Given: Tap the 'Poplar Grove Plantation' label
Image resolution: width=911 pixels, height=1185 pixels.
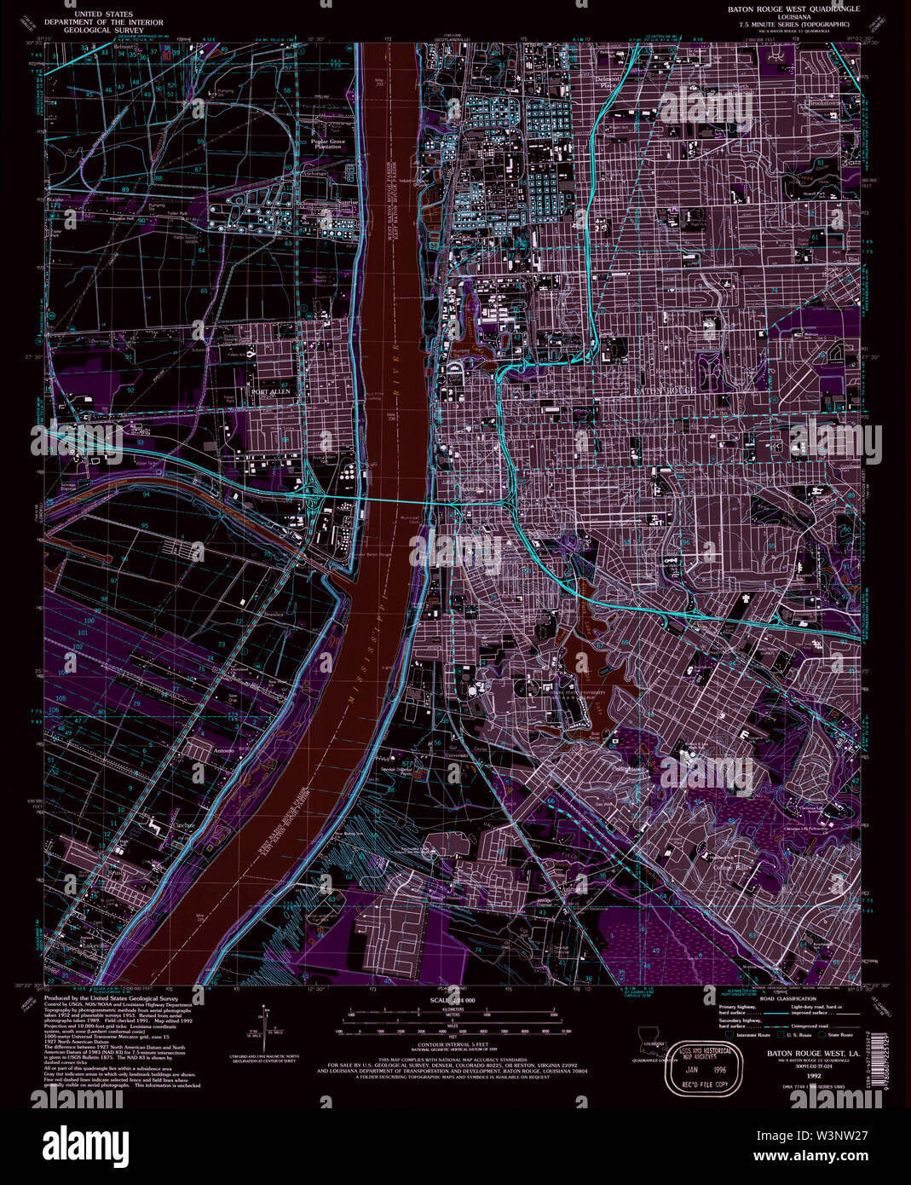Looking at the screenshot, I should [x=327, y=143].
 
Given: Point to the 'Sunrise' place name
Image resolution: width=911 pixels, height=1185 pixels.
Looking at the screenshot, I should [x=325, y=204].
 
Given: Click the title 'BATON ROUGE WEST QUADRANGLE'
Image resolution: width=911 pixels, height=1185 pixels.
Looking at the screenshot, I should [x=793, y=9].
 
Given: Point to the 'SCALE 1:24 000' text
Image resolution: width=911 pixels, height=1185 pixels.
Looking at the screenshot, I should [x=452, y=1000].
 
